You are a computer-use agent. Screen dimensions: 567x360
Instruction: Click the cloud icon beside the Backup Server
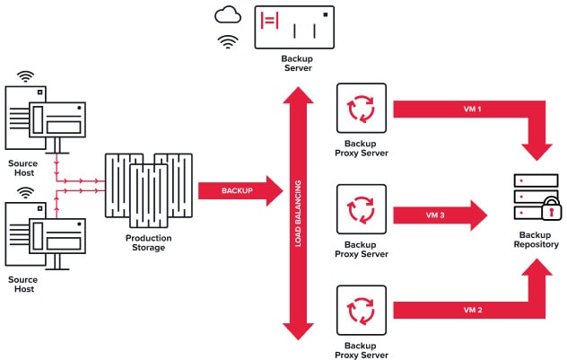click(x=228, y=16)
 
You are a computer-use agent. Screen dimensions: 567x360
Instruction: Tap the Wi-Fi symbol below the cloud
click(x=228, y=42)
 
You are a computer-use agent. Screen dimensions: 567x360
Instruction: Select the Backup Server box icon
click(x=294, y=27)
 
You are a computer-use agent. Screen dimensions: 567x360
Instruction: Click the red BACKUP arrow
click(x=240, y=190)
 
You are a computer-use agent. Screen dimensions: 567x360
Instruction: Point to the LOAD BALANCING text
click(x=298, y=214)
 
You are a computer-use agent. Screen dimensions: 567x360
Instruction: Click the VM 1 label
click(x=472, y=109)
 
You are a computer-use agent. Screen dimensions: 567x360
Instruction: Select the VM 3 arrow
click(x=441, y=215)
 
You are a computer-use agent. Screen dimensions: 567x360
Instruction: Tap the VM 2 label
click(x=473, y=310)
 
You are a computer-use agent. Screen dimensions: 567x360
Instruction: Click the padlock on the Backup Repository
click(x=552, y=209)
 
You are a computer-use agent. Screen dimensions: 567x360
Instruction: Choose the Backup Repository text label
click(x=536, y=240)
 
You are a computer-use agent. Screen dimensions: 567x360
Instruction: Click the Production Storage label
click(x=148, y=242)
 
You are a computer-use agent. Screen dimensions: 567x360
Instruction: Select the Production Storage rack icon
click(x=149, y=190)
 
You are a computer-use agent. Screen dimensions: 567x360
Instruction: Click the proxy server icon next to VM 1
click(x=362, y=109)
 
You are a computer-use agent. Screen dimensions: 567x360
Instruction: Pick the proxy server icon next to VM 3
click(x=362, y=209)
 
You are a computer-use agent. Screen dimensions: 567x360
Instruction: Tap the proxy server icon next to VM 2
click(x=362, y=310)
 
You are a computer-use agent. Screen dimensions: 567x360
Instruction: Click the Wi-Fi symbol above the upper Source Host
click(x=25, y=76)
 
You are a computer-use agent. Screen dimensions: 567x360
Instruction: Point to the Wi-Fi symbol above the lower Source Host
click(x=25, y=193)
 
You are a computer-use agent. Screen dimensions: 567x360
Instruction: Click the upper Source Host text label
click(x=23, y=168)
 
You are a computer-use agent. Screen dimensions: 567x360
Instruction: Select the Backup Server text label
click(x=297, y=64)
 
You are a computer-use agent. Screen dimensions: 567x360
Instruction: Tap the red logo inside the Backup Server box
click(x=270, y=21)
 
